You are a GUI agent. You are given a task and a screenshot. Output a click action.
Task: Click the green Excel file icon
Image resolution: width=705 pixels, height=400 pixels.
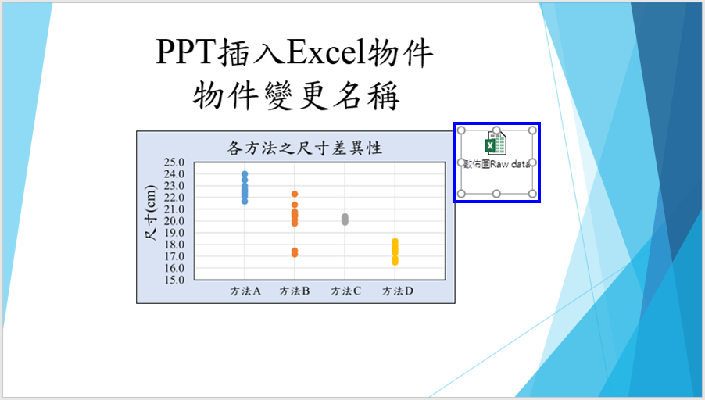tap(496, 143)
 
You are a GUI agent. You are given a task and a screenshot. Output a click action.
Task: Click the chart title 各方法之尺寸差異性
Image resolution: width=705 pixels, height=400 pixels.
tap(304, 148)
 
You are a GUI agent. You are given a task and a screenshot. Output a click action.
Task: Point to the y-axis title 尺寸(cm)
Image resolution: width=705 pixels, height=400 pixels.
tap(151, 212)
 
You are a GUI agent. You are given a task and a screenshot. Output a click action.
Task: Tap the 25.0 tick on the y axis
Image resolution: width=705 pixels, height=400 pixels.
tap(174, 162)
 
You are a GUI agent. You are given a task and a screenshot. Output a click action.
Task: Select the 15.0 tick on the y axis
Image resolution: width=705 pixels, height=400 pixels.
tap(174, 280)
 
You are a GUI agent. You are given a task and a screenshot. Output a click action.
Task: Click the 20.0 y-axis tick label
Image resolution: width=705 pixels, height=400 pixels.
tap(174, 220)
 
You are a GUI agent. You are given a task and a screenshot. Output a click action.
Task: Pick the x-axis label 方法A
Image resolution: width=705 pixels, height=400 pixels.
tap(245, 291)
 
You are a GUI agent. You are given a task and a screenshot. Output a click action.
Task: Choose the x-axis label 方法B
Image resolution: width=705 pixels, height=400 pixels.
tap(295, 291)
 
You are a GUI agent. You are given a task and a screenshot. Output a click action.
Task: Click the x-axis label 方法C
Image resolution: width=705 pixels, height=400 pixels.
tap(345, 291)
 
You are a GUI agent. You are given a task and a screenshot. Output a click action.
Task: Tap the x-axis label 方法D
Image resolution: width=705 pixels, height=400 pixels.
tap(398, 291)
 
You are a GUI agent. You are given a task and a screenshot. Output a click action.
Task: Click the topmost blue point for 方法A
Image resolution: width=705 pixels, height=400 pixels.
tap(245, 174)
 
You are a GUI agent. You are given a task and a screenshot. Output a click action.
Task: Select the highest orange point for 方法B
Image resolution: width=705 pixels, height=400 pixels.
tap(295, 195)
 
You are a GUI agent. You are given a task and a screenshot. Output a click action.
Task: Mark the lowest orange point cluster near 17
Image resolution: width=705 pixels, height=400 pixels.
tap(295, 252)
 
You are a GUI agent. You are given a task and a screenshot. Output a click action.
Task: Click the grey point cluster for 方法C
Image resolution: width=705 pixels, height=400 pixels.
tap(345, 220)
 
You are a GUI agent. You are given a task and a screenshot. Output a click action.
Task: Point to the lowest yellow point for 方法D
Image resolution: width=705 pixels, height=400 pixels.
tap(395, 262)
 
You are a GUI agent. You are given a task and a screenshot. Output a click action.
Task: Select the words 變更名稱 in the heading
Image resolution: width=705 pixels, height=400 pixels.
tap(331, 96)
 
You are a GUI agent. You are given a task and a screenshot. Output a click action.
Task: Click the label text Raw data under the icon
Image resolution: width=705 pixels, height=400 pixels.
tap(510, 165)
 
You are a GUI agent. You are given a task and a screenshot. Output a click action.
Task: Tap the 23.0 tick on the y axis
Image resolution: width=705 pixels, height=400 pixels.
tap(174, 186)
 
